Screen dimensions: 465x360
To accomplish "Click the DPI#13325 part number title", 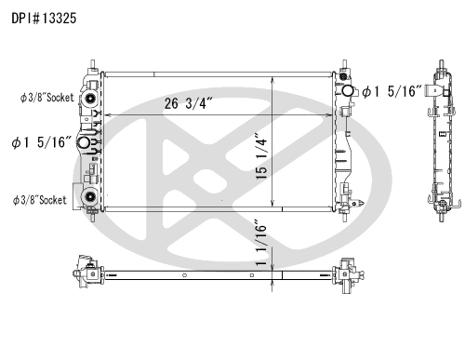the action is click(44, 19).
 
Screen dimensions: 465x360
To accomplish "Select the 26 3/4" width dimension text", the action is click(188, 103).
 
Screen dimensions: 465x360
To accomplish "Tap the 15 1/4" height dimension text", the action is click(261, 156).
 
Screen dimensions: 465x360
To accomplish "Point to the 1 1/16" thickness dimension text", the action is click(261, 243).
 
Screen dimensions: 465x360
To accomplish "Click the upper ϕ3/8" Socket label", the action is click(47, 98).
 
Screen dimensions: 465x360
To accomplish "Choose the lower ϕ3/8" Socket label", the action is click(40, 200).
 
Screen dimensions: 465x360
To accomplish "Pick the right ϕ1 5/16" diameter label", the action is click(392, 91).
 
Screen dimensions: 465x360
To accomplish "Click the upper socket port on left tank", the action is click(90, 99).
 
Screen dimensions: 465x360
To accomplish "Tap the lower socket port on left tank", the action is click(90, 196).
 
